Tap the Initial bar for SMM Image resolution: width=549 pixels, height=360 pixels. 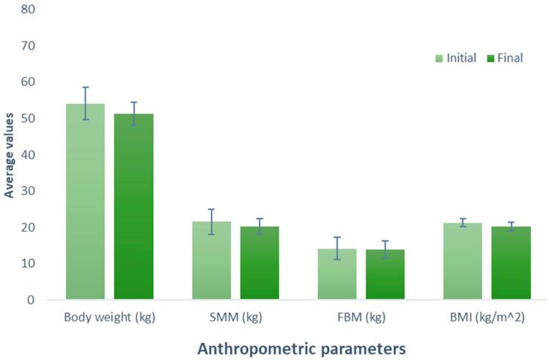click(211, 261)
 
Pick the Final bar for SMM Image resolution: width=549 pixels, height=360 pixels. click(259, 264)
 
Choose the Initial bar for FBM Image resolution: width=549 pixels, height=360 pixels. click(337, 275)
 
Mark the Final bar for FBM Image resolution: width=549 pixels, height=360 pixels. click(385, 275)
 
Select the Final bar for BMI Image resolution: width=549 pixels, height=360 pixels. click(510, 264)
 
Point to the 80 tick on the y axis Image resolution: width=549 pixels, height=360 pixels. click(29, 10)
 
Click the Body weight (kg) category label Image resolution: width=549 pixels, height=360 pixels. click(109, 318)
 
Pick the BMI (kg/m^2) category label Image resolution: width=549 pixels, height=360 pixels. click(487, 318)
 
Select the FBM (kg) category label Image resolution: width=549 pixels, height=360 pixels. click(361, 318)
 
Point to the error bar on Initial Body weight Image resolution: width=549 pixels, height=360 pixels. click(85, 103)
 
